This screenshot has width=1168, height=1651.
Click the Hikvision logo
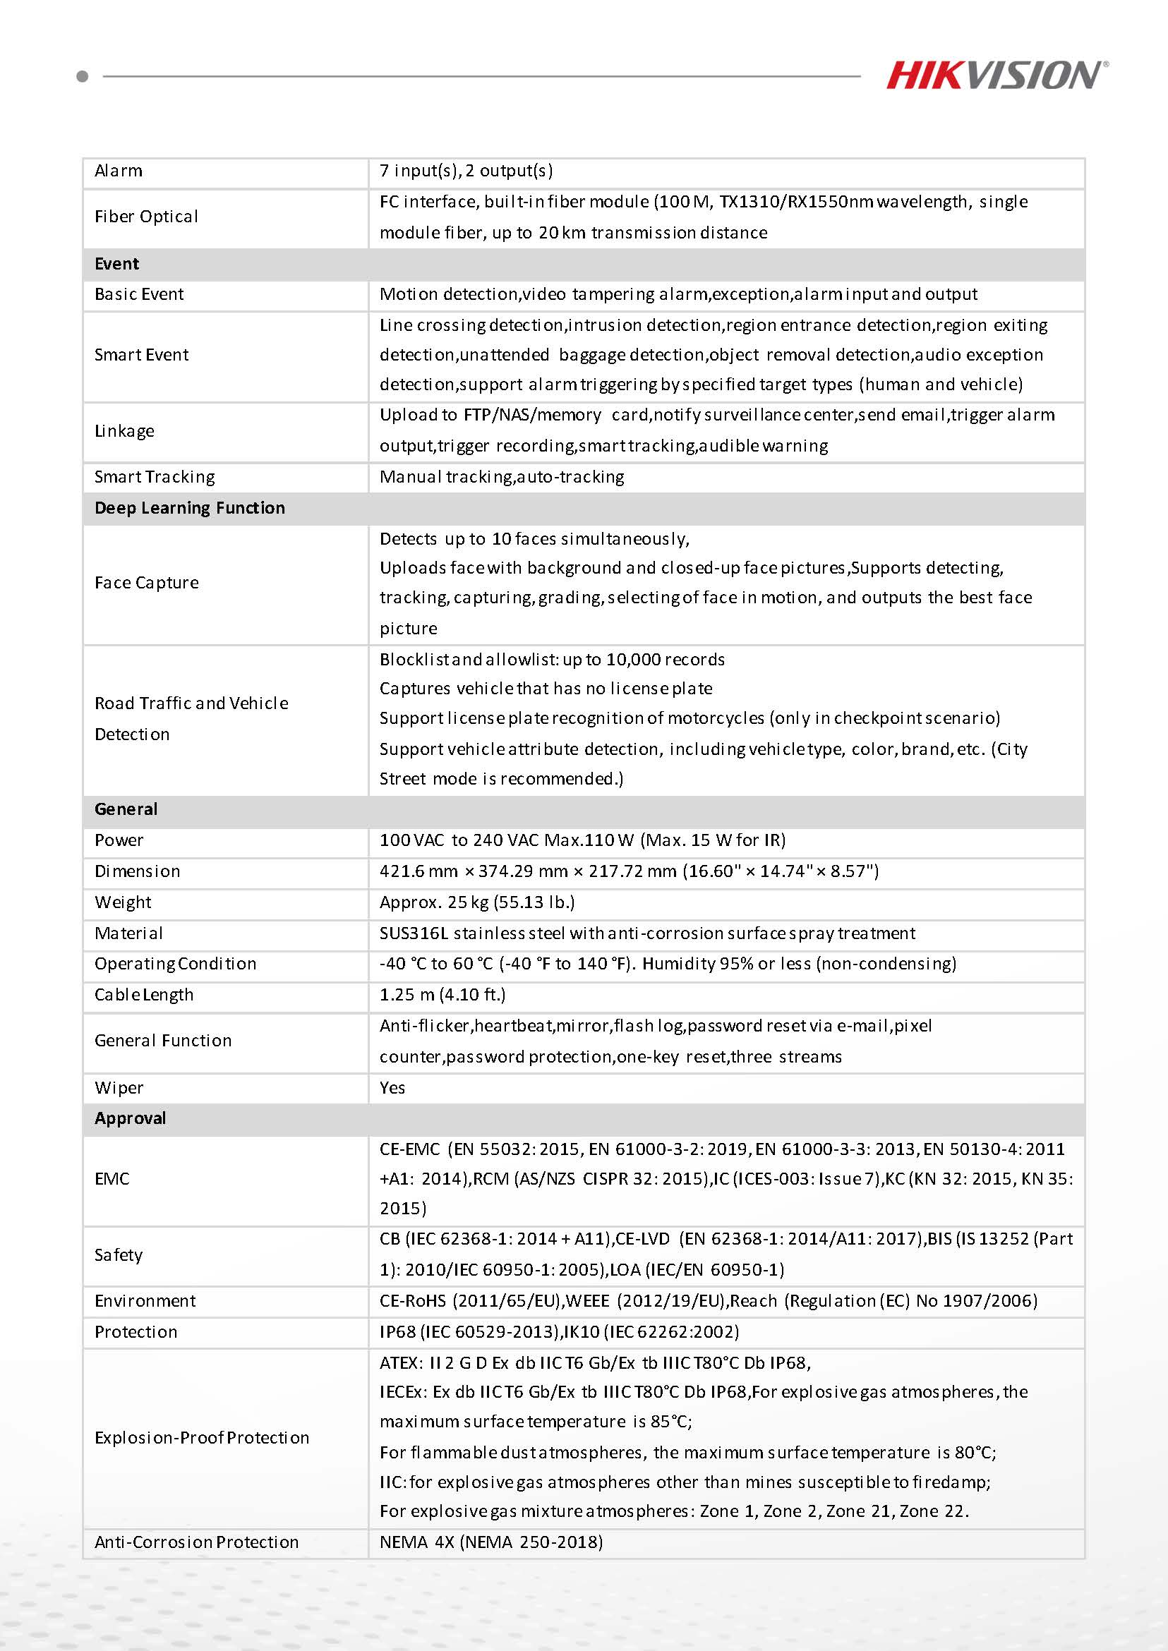pos(996,75)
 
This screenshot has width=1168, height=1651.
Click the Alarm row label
pos(119,171)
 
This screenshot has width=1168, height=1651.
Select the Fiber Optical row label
pos(146,217)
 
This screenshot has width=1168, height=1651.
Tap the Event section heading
pos(116,264)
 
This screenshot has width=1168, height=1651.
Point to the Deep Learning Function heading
pos(189,508)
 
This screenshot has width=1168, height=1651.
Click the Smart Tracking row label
pos(155,477)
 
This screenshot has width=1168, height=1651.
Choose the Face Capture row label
pos(147,583)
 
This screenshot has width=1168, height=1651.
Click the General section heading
pos(126,809)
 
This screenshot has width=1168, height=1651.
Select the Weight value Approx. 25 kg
pos(477,902)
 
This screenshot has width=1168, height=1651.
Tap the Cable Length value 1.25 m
pos(442,995)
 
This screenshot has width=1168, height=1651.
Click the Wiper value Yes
pos(392,1087)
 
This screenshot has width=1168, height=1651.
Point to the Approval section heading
pos(130,1118)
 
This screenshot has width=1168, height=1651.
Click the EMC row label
pos(112,1178)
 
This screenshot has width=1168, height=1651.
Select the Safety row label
pos(119,1254)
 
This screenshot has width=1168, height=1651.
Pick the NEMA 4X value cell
pos(491,1542)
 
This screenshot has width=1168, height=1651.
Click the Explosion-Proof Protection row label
pos(201,1437)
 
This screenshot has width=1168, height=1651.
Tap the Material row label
pos(128,933)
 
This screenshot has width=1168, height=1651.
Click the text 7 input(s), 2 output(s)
pos(466,171)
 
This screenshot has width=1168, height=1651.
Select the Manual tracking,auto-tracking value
pos(501,477)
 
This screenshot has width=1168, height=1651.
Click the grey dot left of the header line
pos(82,75)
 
